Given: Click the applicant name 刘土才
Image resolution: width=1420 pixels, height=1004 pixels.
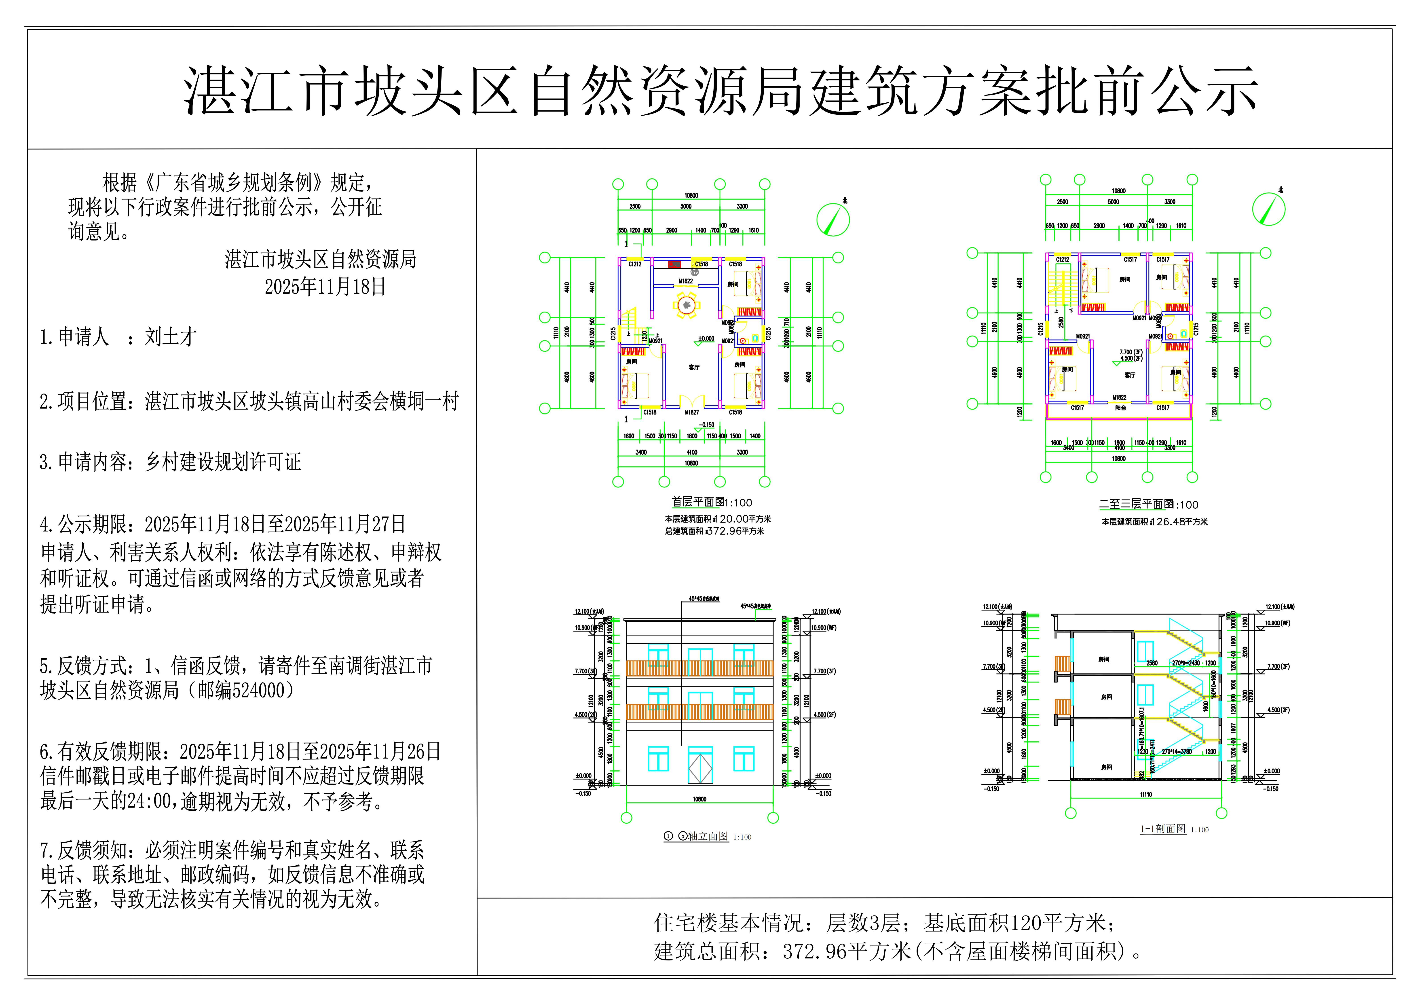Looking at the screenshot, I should coord(171,337).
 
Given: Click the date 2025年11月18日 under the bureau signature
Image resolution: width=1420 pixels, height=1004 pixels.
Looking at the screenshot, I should coord(325,286).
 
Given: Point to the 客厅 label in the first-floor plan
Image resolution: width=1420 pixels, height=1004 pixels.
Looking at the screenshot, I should coord(694,368).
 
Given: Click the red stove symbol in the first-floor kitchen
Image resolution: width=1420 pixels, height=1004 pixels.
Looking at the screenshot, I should coord(674,265).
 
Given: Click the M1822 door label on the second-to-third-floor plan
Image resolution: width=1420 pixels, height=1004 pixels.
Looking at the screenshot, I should coord(1119,398).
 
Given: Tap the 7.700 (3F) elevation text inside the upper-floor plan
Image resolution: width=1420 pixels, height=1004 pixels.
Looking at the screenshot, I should coord(1131,352).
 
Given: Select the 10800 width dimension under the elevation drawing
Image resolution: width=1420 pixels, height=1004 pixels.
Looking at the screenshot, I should coord(699,799).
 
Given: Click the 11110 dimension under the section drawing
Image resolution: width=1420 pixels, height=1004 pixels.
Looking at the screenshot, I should coord(1146,794).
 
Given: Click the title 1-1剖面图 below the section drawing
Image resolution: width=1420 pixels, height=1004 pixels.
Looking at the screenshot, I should coord(1163,829).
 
